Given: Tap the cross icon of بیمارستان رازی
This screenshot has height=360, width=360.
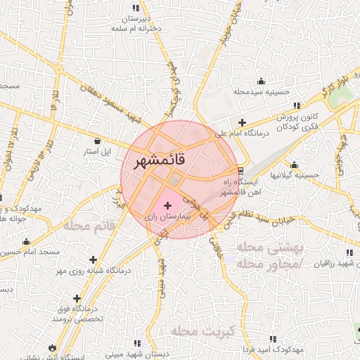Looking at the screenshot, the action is click(167, 205).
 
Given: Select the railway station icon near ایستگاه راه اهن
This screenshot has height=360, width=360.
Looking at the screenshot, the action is click(240, 170).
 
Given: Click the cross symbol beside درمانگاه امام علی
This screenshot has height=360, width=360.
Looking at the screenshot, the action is click(243, 122).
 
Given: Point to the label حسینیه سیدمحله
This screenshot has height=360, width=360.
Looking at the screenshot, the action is click(261, 92).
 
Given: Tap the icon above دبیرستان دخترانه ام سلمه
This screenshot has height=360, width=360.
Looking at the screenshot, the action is click(136, 8).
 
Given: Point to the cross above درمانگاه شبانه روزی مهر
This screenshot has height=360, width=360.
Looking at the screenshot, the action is click(93, 259).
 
